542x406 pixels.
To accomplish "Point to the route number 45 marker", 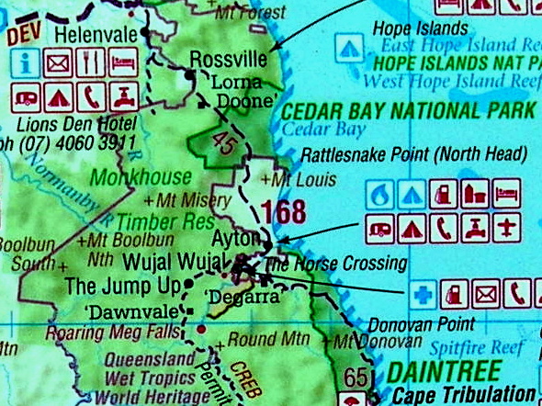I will tap(224, 141).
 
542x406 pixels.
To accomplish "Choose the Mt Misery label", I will tap(179, 198).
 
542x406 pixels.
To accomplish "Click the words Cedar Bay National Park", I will tap(408, 111).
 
